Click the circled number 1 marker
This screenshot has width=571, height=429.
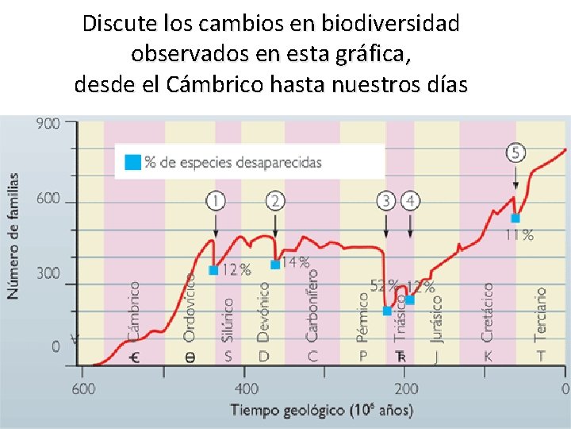pyautogui.click(x=215, y=200)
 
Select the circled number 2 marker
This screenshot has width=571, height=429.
pyautogui.click(x=274, y=200)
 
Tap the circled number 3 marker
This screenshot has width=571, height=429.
pyautogui.click(x=386, y=200)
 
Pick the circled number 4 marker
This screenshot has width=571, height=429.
pyautogui.click(x=410, y=200)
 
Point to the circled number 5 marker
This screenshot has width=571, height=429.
pyautogui.click(x=516, y=153)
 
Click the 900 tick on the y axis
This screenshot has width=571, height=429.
pyautogui.click(x=48, y=125)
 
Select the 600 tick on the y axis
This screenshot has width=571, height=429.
pyautogui.click(x=48, y=199)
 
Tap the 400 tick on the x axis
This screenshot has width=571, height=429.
pyautogui.click(x=247, y=388)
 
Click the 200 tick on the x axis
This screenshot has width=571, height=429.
pyautogui.click(x=406, y=388)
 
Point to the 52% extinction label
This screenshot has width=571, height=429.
pyautogui.click(x=383, y=284)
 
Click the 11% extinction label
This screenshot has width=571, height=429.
pyautogui.click(x=519, y=234)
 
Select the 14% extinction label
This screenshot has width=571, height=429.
pyautogui.click(x=295, y=262)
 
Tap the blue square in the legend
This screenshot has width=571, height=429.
pyautogui.click(x=132, y=162)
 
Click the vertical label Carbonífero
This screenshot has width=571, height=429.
pyautogui.click(x=312, y=306)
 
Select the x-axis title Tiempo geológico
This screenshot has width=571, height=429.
pyautogui.click(x=321, y=410)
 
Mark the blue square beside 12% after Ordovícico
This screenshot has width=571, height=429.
pyautogui.click(x=213, y=270)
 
